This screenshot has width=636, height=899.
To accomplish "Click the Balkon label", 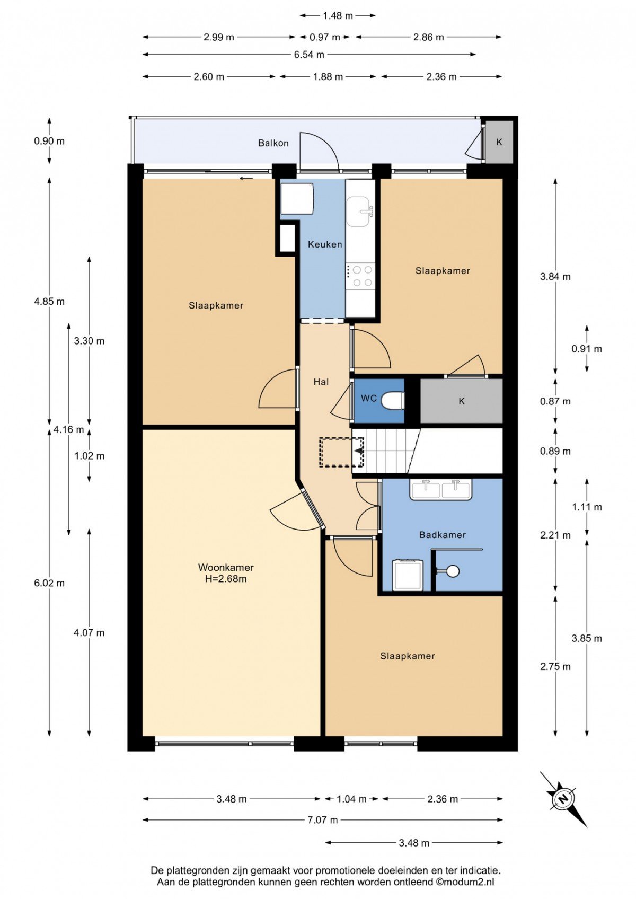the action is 273,143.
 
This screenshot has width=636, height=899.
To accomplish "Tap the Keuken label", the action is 325,244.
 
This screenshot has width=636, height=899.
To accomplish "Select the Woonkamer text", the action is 226,568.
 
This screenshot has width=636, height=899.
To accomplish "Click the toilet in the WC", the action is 392,401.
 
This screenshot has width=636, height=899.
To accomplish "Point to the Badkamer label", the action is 443,535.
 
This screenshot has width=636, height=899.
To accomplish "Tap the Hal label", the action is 321,382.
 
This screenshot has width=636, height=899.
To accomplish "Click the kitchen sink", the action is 360,211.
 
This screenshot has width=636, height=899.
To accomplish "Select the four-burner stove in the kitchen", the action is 360,276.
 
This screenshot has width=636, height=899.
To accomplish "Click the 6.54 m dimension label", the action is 309,55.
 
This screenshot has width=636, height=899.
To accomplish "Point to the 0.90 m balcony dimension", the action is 49,141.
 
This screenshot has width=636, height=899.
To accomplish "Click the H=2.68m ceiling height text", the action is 226,579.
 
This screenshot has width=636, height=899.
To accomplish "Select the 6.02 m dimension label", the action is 49,583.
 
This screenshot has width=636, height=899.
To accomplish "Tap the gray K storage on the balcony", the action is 499,142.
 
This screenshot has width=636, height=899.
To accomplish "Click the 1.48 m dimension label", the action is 338,16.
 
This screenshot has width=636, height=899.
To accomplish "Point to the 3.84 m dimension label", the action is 555,277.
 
